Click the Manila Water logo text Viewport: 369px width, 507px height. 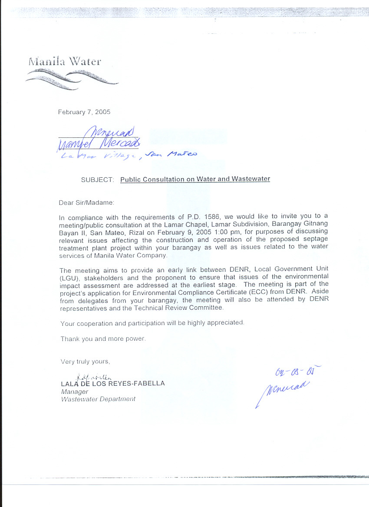click(x=65, y=61)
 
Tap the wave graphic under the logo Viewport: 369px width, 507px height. click(x=72, y=79)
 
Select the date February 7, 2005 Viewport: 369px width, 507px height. click(x=84, y=112)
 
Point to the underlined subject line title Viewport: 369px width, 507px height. click(x=195, y=179)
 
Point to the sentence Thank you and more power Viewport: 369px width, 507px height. click(x=103, y=339)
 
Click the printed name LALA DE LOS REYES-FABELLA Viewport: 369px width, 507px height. click(x=113, y=383)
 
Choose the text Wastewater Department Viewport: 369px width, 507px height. click(x=98, y=399)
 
